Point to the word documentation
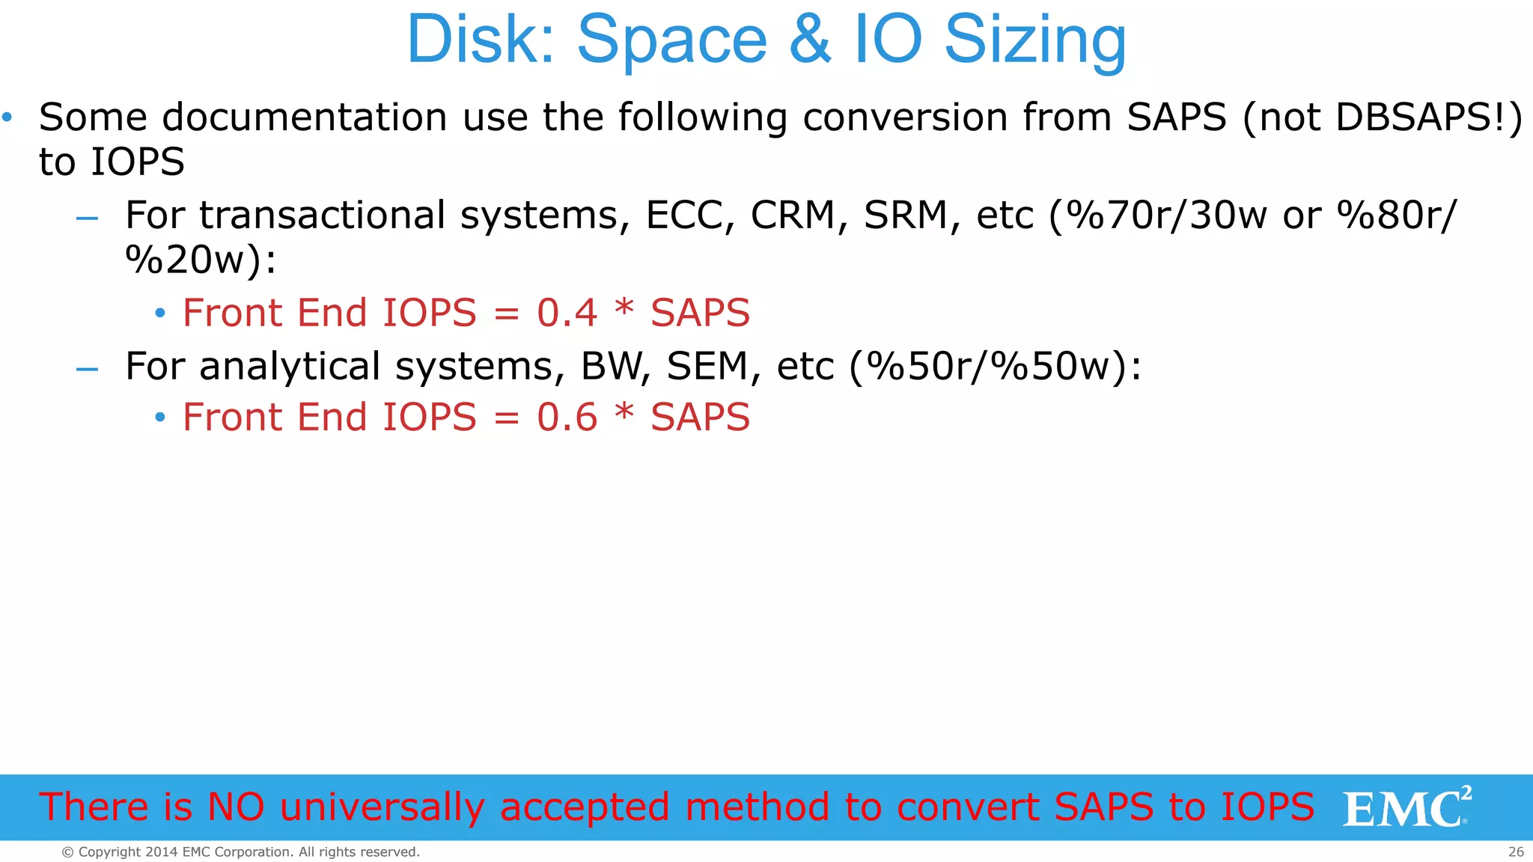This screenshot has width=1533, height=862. pyautogui.click(x=305, y=117)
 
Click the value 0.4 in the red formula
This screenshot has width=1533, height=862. pyautogui.click(x=567, y=313)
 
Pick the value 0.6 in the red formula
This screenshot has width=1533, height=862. pyautogui.click(x=567, y=418)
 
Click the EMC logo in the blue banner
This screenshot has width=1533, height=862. pyautogui.click(x=1406, y=807)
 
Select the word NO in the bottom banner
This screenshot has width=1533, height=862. pyautogui.click(x=236, y=807)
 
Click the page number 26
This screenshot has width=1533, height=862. pyautogui.click(x=1516, y=852)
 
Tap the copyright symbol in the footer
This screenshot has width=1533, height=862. pyautogui.click(x=67, y=852)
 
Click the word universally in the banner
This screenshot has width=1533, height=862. pyautogui.click(x=382, y=808)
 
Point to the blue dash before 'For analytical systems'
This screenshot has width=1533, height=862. pyautogui.click(x=88, y=369)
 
